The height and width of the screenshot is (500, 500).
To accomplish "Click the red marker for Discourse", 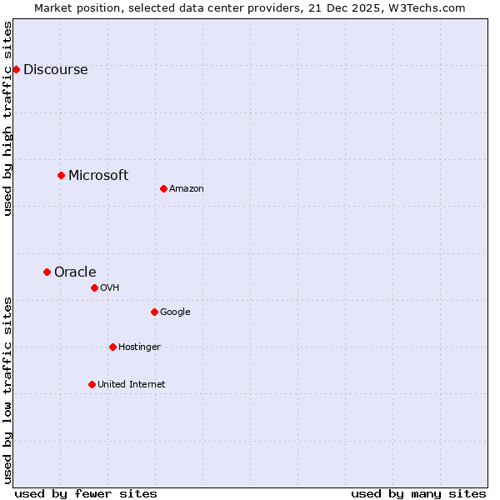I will [x=16, y=69].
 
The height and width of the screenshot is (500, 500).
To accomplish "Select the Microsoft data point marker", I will [x=61, y=175].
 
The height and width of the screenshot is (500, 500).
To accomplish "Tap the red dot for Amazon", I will [x=163, y=188].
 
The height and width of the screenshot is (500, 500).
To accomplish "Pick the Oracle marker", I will [x=47, y=272].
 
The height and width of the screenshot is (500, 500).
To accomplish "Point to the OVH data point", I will [x=94, y=287].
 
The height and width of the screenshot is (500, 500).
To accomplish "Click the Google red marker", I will [x=154, y=312].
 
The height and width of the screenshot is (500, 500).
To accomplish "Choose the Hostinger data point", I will [x=112, y=347].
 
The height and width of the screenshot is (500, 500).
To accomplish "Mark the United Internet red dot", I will [x=92, y=384].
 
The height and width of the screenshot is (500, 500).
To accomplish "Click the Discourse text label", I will [x=55, y=70].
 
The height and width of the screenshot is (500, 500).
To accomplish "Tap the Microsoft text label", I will [x=98, y=175].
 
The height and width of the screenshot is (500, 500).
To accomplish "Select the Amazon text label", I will [x=187, y=189].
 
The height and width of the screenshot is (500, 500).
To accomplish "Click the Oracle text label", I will [x=75, y=272].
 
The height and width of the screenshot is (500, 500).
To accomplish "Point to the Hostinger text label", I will [x=139, y=347].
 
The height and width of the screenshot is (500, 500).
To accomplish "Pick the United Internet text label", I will [x=131, y=385].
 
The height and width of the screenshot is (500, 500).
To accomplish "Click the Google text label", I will [x=175, y=312].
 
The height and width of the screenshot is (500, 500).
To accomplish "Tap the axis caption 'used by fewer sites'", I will [x=86, y=493].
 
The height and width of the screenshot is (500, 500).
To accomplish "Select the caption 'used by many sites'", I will [x=418, y=493].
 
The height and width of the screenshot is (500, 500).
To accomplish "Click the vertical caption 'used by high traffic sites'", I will [x=8, y=118].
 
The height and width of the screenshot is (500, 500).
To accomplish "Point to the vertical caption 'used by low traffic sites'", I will [x=8, y=390].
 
